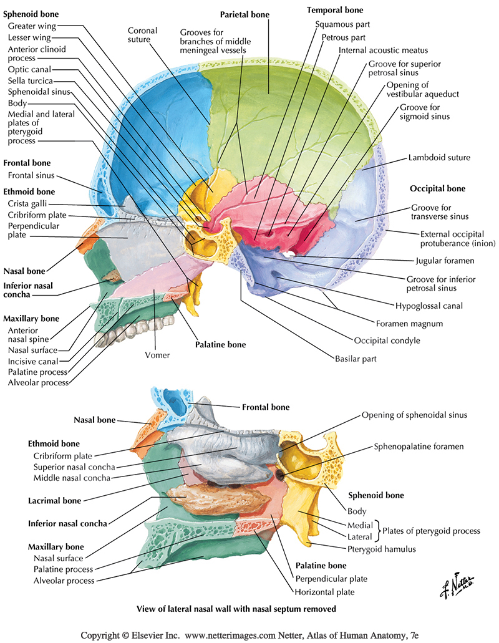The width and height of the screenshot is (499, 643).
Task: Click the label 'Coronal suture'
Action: pos(143,36)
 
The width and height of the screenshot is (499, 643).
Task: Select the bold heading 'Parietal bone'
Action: pos(244,13)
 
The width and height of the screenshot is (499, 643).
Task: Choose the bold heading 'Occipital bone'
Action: pos(437,188)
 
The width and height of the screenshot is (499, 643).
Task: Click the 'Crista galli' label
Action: pos(27,203)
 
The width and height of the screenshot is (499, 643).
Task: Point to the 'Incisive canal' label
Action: pos(33,361)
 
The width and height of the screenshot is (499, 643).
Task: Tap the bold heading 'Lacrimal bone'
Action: pos(56,500)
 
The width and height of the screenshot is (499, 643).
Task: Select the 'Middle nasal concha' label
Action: pos(72,478)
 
